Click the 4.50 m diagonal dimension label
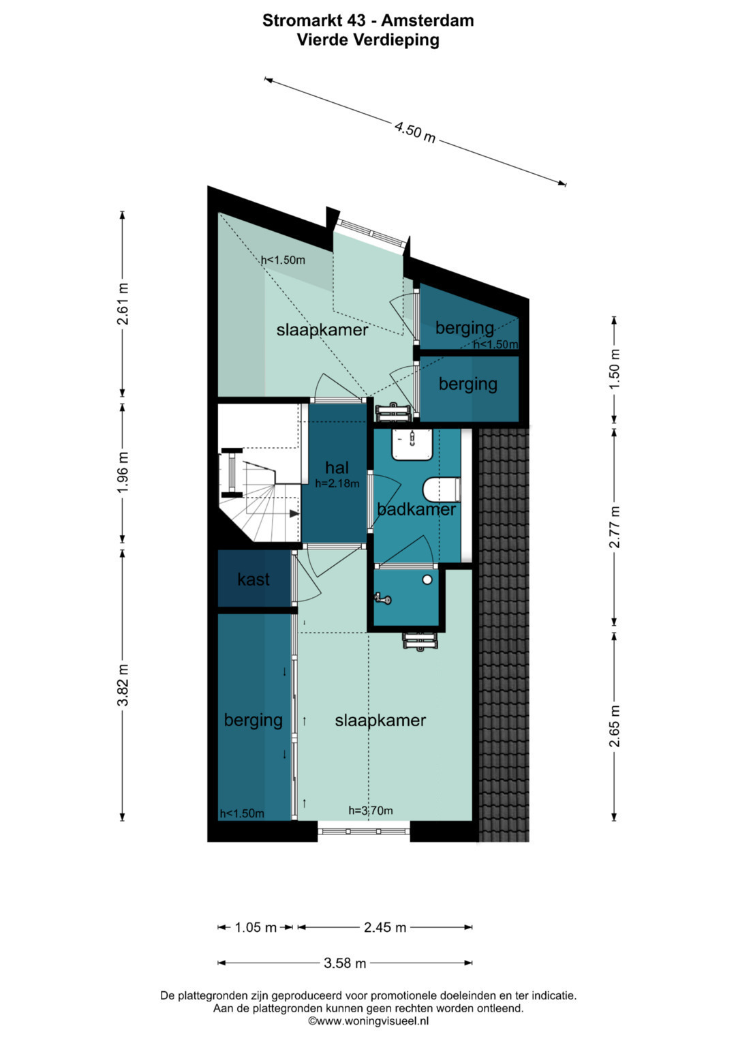tap(415, 132)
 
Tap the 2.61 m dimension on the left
tap(123, 304)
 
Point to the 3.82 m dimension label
tap(123, 685)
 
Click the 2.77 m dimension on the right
tap(614, 527)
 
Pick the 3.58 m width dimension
tap(345, 963)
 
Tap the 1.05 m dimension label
tap(256, 928)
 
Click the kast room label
tap(254, 579)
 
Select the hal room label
tap(337, 468)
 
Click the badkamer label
tap(416, 509)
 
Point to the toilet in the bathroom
tap(442, 490)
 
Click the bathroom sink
tap(412, 444)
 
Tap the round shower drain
tap(427, 579)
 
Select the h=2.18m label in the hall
tap(337, 483)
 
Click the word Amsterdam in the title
tap(427, 20)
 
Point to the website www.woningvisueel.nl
tap(368, 1021)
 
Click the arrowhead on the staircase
tap(294, 513)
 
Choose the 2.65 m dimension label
tap(614, 726)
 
